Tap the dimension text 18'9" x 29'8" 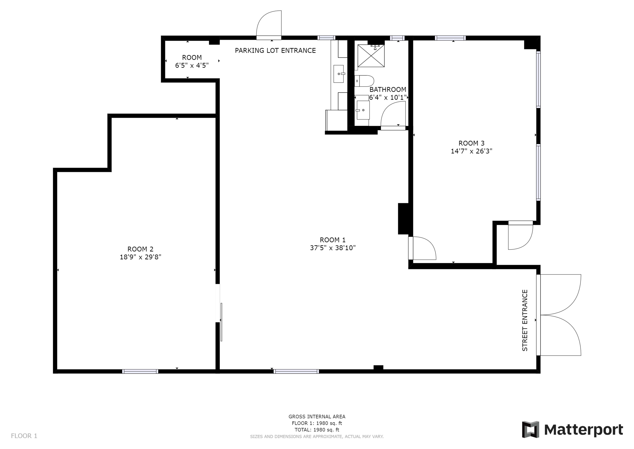[x=140, y=257]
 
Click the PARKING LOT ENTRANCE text [x=275, y=50]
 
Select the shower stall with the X [x=371, y=56]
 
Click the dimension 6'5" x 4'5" [x=192, y=65]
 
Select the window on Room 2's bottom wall [x=140, y=371]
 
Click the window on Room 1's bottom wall [x=296, y=371]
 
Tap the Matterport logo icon [x=530, y=429]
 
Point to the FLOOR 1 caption [x=24, y=436]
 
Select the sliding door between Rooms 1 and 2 [x=221, y=322]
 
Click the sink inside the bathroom [x=363, y=110]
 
